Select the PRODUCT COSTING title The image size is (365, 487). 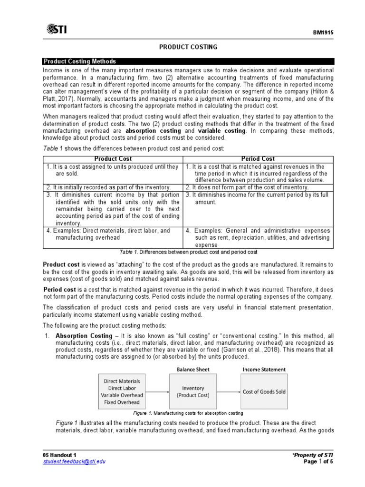coord(188,47)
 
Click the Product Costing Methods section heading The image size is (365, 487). coord(80,61)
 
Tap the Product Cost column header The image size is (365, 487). coord(113,159)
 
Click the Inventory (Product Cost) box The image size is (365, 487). coord(190,391)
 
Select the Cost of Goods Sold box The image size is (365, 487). coord(264,391)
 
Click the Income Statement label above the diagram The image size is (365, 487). coord(264,369)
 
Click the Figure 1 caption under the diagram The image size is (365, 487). coord(188,413)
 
